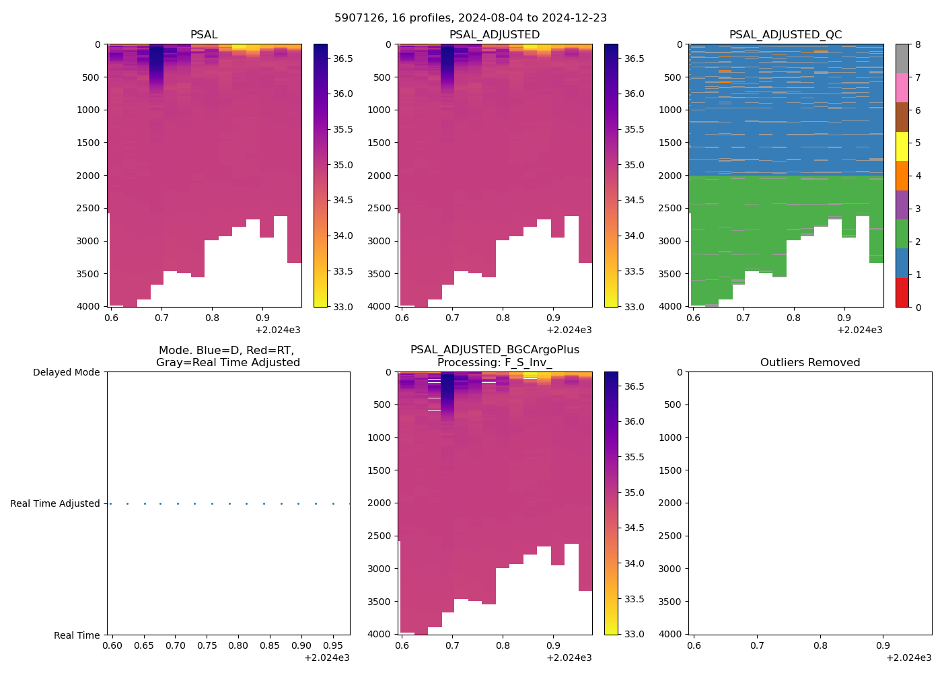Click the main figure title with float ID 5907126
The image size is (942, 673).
(x=470, y=18)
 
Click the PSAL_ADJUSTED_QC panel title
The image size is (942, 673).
(x=785, y=35)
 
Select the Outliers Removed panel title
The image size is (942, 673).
(x=809, y=363)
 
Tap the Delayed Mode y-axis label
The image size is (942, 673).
(x=66, y=372)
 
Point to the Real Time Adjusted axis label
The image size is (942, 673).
(x=55, y=503)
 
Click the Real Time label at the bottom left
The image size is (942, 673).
(x=77, y=635)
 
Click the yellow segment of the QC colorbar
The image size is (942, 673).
(x=902, y=146)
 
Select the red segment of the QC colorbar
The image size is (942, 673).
(x=902, y=293)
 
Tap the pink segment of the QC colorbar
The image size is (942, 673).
(x=902, y=87)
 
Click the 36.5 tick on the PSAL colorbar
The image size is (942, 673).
(x=342, y=59)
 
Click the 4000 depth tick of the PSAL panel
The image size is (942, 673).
(x=88, y=306)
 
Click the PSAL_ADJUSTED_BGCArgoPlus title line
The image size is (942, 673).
(x=495, y=350)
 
